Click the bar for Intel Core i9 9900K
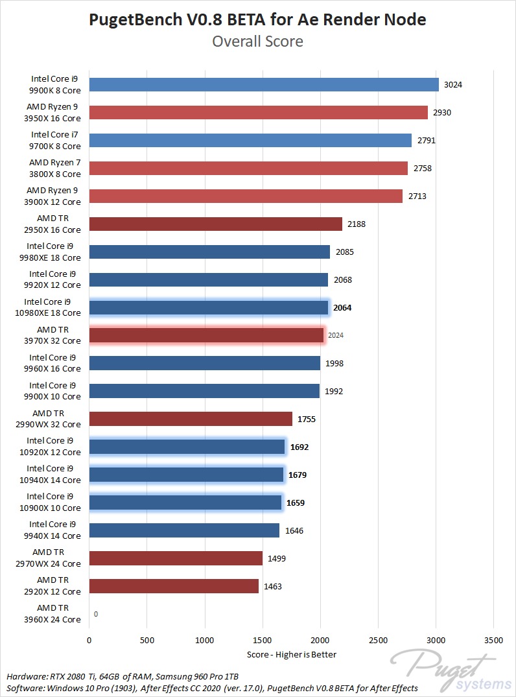pos(264,84)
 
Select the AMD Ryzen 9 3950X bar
pos(258,112)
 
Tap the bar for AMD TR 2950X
pos(215,224)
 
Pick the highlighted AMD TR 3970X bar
pos(206,335)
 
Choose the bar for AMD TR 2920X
pos(174,586)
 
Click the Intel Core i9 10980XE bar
pos(209,307)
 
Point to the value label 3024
pos(453,85)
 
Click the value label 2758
pos(423,169)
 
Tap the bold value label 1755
pos(307,419)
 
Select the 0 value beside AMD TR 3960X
pos(96,614)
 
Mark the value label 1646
pos(294,531)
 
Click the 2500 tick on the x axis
pos(378,640)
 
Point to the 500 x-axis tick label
pos(147,640)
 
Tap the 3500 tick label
pos(494,640)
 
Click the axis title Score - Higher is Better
pos(292,654)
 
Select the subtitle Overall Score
pos(257,41)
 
